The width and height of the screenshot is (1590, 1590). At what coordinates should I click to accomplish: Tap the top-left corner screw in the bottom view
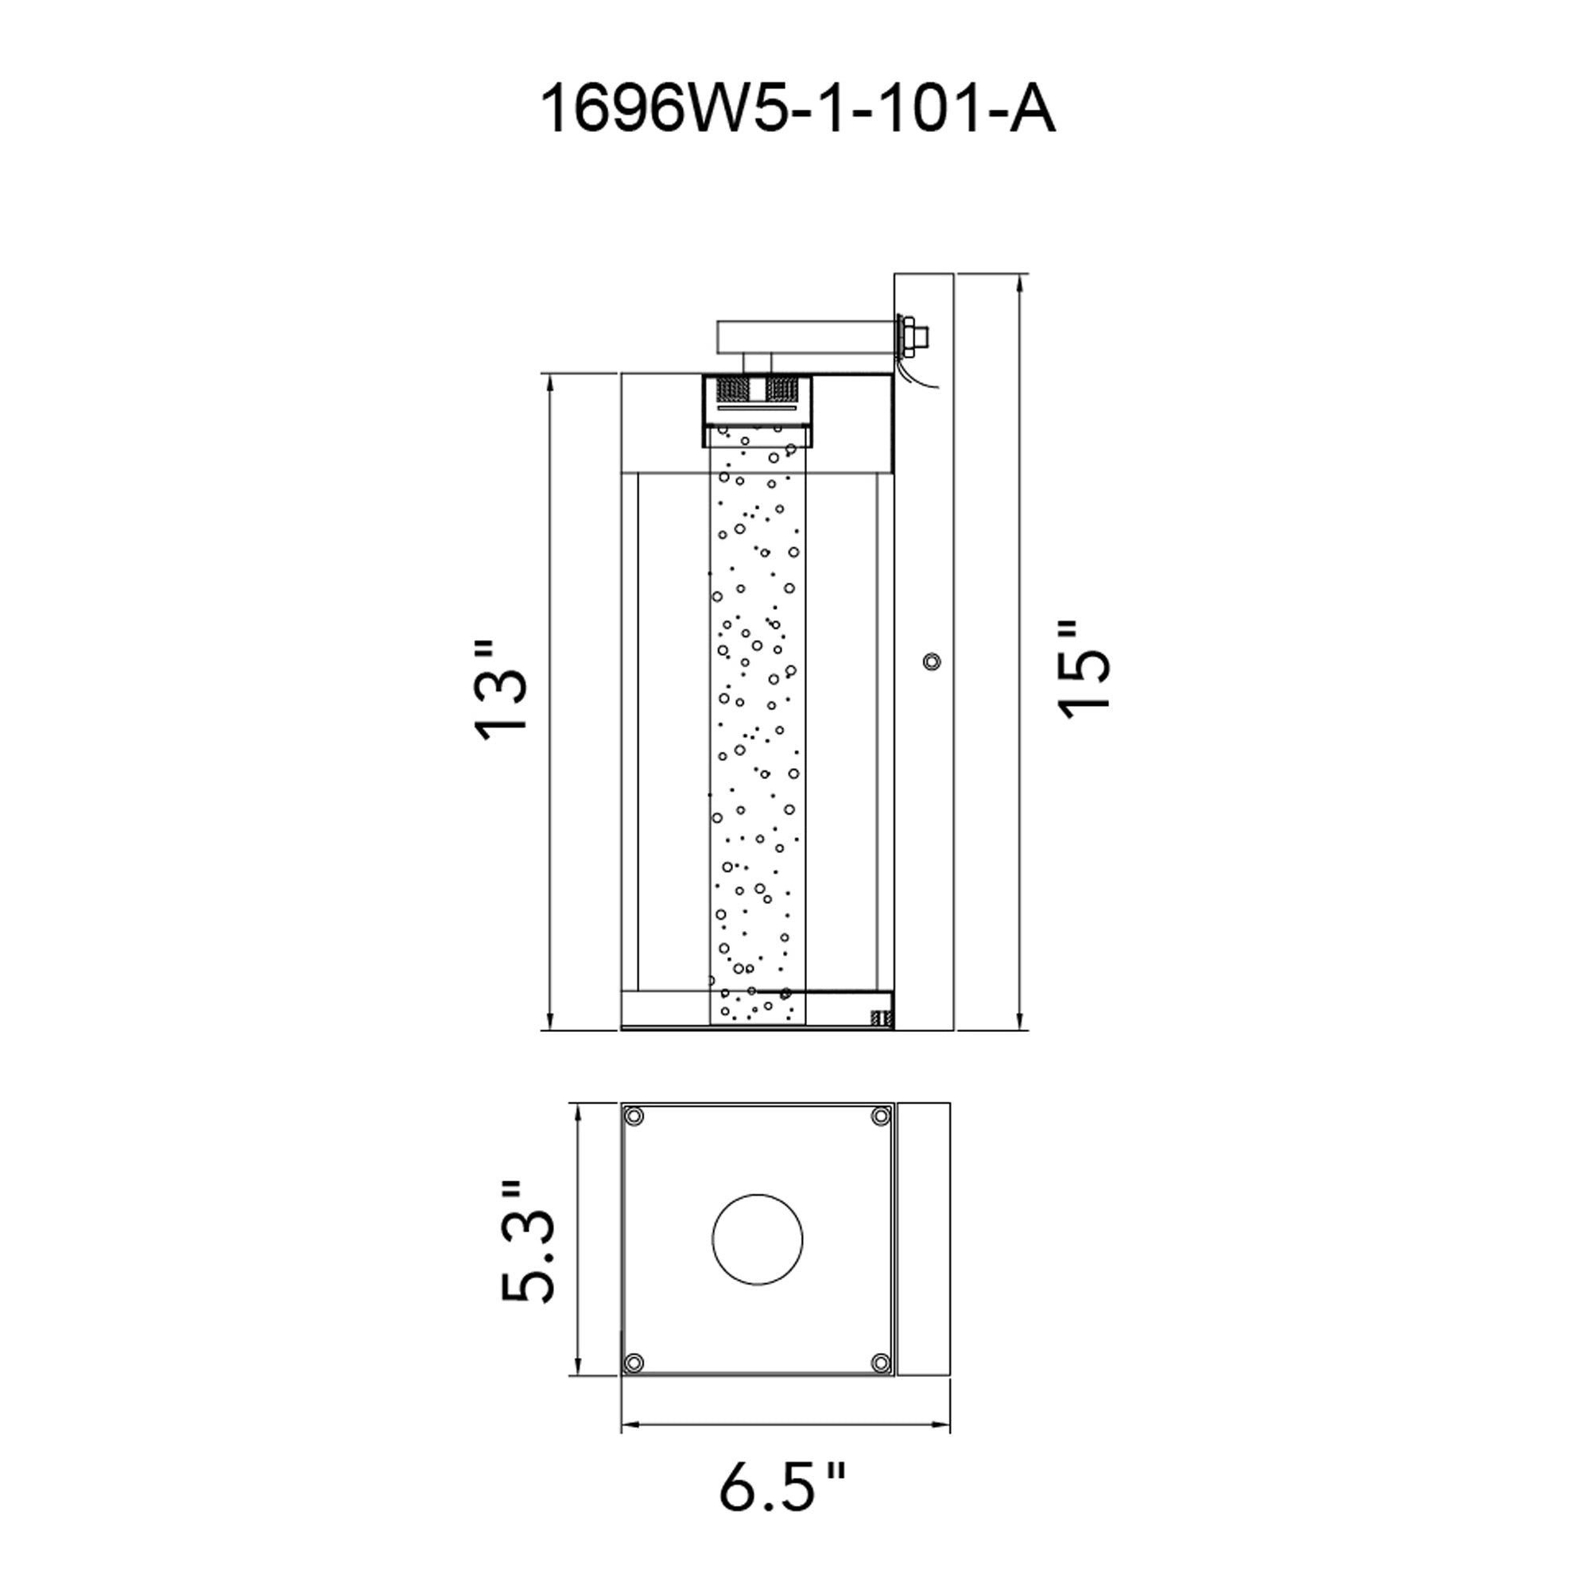point(634,1117)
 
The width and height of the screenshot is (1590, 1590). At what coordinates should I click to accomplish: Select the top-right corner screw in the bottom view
point(881,1117)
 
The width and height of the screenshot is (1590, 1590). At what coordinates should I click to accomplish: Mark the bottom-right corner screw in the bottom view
point(881,1362)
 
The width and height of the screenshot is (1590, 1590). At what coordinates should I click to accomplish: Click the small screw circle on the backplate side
point(932,661)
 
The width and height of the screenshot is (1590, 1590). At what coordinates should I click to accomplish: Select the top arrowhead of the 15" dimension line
point(1021,285)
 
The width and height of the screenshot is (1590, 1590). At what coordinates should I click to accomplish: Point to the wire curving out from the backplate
point(921,380)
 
